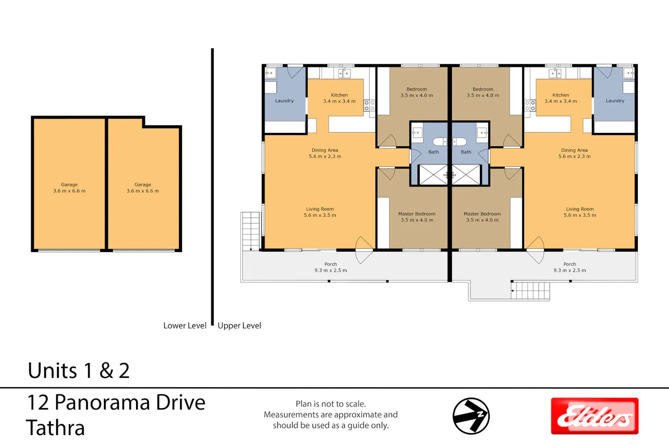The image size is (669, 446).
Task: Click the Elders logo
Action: coord(595,416)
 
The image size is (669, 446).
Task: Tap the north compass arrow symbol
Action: coord(471,416)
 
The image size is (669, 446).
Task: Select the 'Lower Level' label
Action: coord(185,326)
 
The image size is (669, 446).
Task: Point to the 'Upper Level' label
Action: coord(239,326)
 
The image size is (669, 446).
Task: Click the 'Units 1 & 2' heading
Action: coord(78,371)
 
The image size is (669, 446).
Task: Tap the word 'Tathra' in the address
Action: coord(56,428)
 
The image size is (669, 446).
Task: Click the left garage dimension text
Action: coord(69,191)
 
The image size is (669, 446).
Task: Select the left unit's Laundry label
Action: coord(285,101)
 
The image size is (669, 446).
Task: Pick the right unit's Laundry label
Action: coord(615,101)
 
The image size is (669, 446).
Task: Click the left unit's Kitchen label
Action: coord(339,95)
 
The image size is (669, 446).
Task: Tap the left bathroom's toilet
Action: coord(440,141)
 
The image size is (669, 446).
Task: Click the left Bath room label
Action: coord(434,152)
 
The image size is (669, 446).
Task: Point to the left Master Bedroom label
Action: coord(417,214)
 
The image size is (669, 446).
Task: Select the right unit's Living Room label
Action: coord(580,209)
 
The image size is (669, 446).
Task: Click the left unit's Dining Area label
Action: coord(325,150)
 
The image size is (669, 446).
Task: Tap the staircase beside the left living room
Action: coord(251,231)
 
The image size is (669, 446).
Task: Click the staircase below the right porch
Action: coord(530,290)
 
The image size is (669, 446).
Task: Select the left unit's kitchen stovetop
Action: coord(369,106)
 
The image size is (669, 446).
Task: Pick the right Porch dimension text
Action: coord(570,270)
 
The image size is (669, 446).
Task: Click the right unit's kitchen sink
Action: coord(555,73)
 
